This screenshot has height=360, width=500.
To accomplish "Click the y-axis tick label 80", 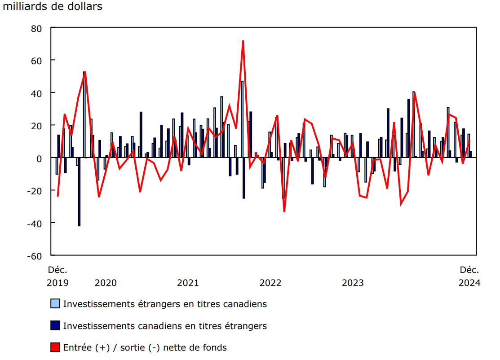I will pyautogui.click(x=35, y=28).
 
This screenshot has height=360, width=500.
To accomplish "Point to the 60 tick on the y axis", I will pyautogui.click(x=35, y=61).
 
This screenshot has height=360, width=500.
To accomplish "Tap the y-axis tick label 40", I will pyautogui.click(x=35, y=93).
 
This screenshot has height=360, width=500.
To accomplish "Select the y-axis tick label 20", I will pyautogui.click(x=35, y=126).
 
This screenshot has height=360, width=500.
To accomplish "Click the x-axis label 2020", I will pyautogui.click(x=106, y=283).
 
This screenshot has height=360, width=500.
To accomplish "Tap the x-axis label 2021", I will pyautogui.click(x=188, y=283).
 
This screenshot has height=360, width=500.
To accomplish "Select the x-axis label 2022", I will pyautogui.click(x=270, y=283).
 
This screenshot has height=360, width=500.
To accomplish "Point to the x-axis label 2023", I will pyautogui.click(x=353, y=283).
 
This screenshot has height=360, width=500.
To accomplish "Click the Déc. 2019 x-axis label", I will pyautogui.click(x=58, y=276).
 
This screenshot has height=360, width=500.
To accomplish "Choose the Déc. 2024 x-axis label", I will pyautogui.click(x=469, y=276).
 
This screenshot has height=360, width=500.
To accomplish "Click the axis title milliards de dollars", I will pyautogui.click(x=53, y=7).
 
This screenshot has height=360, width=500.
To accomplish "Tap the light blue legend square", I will pyautogui.click(x=55, y=304).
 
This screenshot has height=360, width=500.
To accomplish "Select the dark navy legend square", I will pyautogui.click(x=55, y=325).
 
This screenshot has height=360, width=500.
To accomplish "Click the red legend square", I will pyautogui.click(x=55, y=347).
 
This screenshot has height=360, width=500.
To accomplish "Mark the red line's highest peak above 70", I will pyautogui.click(x=243, y=41).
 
